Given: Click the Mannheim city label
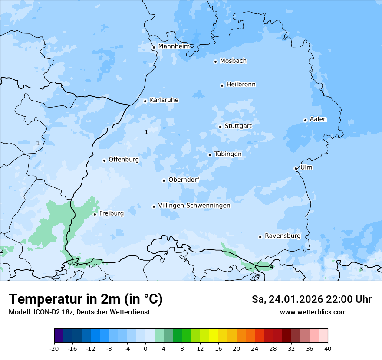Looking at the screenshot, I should (174, 46).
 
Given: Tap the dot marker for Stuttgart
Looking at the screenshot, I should (220, 127).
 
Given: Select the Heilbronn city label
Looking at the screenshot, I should (241, 85).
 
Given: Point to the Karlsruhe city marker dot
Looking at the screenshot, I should (145, 101).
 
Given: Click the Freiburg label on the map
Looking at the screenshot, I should (111, 213).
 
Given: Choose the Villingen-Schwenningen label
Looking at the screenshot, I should (194, 206).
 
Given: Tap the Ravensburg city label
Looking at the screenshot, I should (283, 236).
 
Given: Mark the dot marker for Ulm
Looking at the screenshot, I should (296, 168).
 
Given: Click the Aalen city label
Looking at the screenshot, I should (318, 119).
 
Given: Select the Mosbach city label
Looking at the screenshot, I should (233, 61).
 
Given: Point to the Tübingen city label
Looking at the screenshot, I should (228, 154).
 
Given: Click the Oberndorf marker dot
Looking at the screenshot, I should (164, 180).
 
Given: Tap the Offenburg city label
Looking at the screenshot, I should (124, 160).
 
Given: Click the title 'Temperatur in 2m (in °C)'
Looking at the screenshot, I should (86, 299).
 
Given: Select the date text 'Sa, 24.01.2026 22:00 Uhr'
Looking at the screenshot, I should (311, 299).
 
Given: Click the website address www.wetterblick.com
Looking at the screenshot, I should (313, 312).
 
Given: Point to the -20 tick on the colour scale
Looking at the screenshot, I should (54, 348).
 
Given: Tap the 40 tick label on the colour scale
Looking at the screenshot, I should (328, 348).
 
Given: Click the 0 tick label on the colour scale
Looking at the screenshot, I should (145, 348).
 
